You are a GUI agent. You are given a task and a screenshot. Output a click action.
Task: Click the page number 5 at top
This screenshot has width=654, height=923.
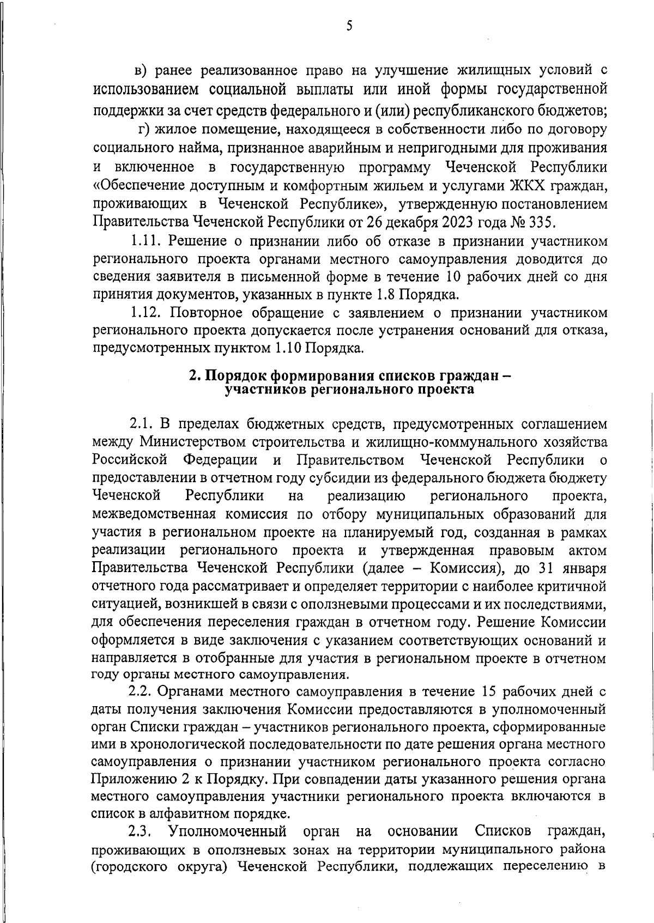pyautogui.click(x=349, y=26)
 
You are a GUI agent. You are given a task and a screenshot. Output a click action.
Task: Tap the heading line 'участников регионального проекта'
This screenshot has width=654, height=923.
pyautogui.click(x=349, y=390)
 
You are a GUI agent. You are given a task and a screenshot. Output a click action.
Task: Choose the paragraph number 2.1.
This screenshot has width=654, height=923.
pyautogui.click(x=142, y=423)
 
